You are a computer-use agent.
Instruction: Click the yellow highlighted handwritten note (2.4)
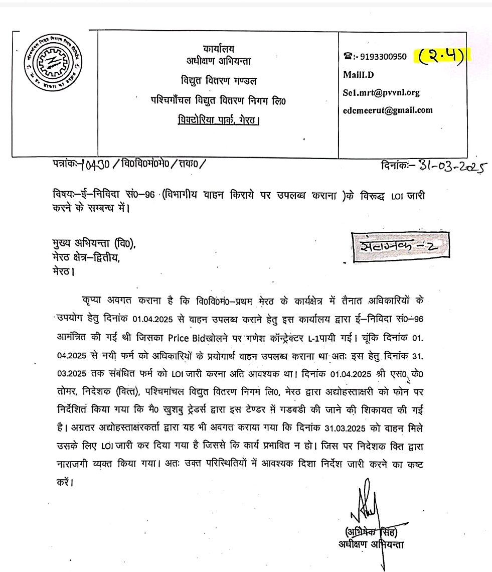440,56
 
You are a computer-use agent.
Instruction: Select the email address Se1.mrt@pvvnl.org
381,92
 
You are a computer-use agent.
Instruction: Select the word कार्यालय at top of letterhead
219,49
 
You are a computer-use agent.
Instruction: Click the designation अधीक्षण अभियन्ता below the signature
371,544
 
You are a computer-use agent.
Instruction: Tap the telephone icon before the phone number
347,57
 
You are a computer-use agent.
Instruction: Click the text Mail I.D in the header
359,75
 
